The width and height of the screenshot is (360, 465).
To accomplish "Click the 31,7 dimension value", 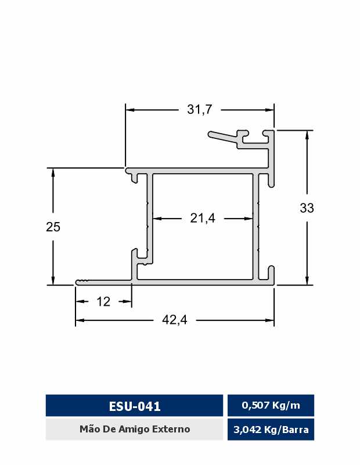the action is (x=200, y=109).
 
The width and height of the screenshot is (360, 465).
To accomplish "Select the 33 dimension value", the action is (x=307, y=208).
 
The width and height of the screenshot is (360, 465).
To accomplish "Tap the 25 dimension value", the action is (x=53, y=227).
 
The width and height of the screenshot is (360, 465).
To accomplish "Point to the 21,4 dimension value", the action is (x=203, y=219).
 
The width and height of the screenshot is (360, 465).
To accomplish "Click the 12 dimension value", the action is (x=103, y=302).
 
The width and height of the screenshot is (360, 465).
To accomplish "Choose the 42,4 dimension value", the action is (x=175, y=320).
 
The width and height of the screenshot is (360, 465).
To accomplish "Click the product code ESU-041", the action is (x=135, y=406).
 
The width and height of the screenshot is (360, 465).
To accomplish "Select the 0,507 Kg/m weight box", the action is (x=271, y=405).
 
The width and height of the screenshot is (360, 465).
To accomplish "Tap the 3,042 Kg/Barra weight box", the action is (x=271, y=430).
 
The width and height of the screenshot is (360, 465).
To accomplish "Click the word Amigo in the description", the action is (x=134, y=430).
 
